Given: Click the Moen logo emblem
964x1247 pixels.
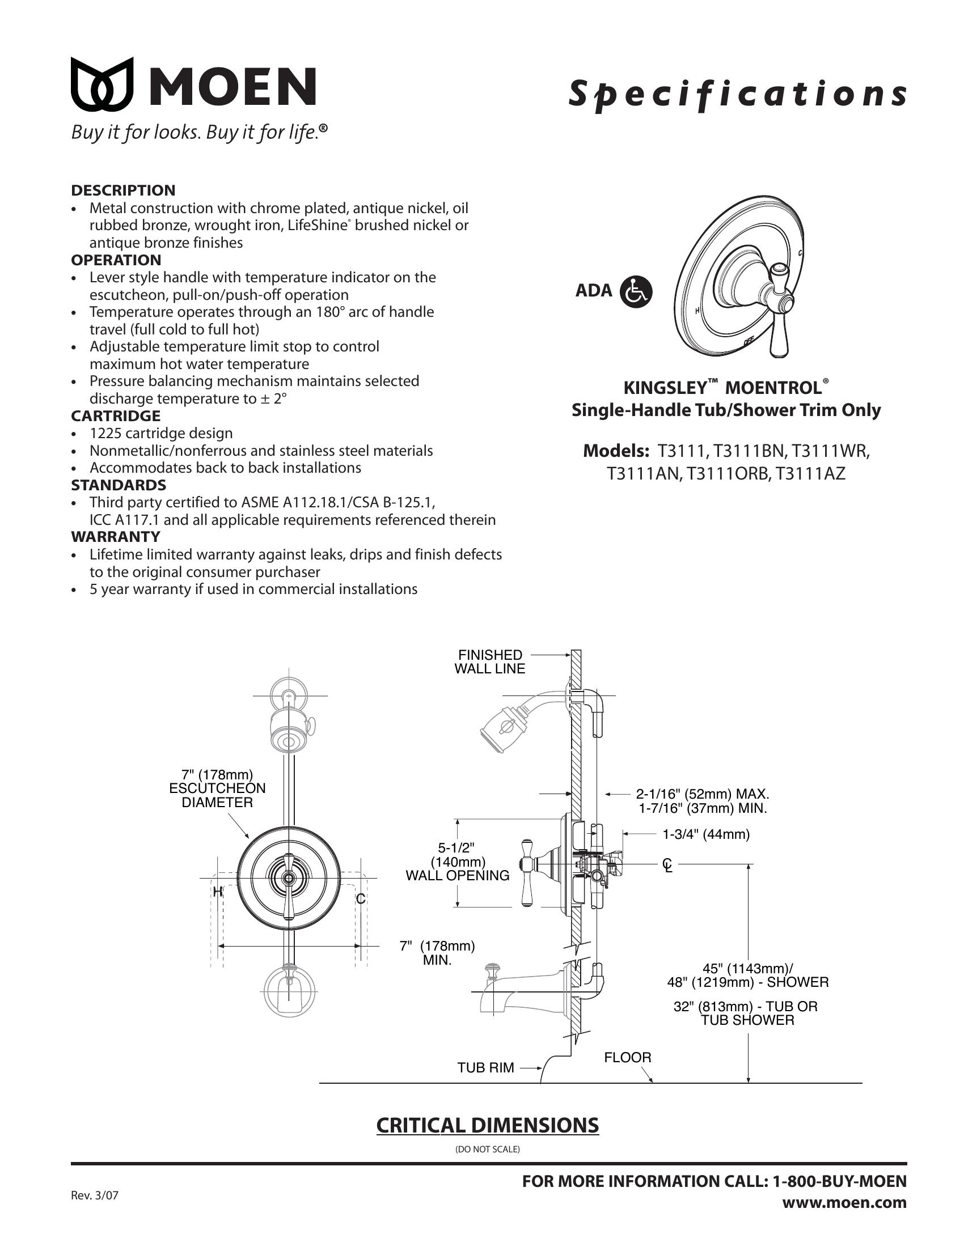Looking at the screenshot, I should [102, 84].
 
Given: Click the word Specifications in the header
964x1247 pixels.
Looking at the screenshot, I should [737, 95].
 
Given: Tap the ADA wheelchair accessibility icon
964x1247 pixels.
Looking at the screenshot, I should [635, 292].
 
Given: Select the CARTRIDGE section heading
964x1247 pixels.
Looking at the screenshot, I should [115, 415].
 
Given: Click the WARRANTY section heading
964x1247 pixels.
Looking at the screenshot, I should [115, 537].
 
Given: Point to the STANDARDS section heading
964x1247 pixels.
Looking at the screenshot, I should [118, 485].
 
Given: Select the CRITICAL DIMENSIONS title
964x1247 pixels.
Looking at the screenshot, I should [487, 1125].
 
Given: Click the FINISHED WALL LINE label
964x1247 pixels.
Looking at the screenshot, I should [489, 661].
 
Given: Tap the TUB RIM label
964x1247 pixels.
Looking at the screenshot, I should [485, 1068].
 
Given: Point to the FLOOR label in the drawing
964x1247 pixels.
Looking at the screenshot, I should [627, 1058].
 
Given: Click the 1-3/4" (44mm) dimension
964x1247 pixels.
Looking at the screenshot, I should [706, 834].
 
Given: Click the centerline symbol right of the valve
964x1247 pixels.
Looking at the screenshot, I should [667, 866].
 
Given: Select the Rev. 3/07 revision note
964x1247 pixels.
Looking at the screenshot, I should [94, 1194].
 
